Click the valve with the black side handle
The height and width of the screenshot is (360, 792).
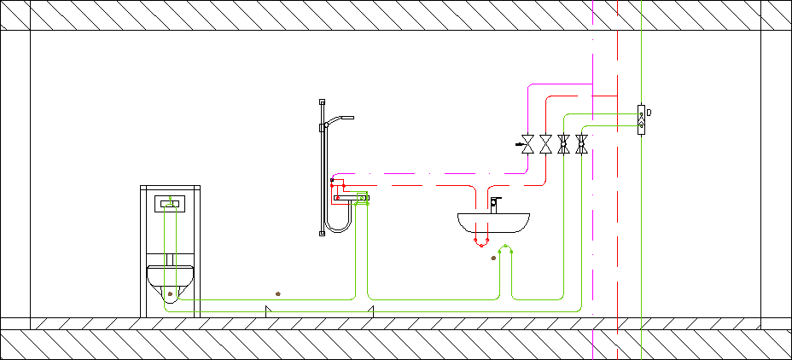(x=527, y=144)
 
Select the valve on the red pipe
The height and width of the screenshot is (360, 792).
(x=545, y=144)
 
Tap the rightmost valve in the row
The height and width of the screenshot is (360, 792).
(x=581, y=144)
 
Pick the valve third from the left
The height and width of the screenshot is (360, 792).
(x=563, y=144)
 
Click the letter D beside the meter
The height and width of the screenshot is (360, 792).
(x=649, y=113)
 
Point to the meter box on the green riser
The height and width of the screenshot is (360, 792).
(x=641, y=119)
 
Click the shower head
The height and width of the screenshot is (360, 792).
(x=340, y=119)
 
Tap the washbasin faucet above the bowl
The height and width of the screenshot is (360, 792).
(x=494, y=205)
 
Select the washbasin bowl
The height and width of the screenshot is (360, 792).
(x=493, y=223)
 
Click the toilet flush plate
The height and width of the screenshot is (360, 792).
(x=170, y=204)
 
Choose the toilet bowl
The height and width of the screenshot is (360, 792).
(x=170, y=282)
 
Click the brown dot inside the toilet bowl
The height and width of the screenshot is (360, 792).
(x=170, y=293)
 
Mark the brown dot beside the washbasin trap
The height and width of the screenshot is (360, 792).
(x=493, y=258)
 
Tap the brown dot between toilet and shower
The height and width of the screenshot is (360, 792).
(x=278, y=293)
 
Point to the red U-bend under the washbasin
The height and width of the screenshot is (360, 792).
(x=480, y=242)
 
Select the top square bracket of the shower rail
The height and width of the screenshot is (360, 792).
(x=323, y=102)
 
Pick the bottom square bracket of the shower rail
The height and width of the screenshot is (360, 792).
(x=323, y=233)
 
